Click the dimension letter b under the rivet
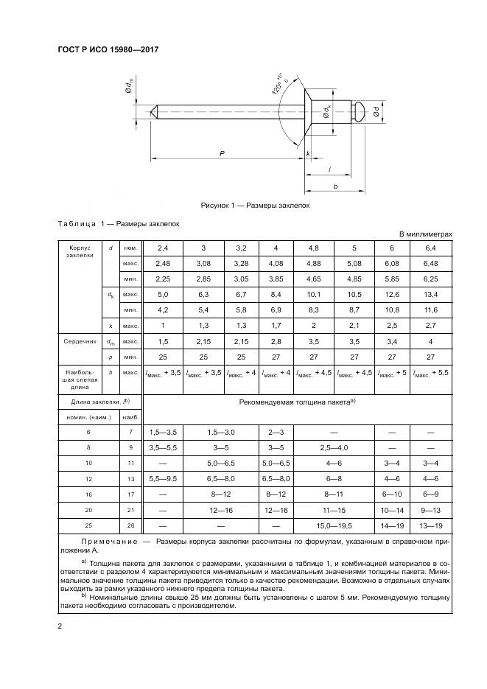pyautogui.click(x=335, y=187)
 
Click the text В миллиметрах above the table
pyautogui.click(x=425, y=234)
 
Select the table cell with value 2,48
pyautogui.click(x=163, y=263)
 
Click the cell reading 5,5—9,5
pyautogui.click(x=163, y=478)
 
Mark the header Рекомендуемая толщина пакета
pyautogui.click(x=297, y=401)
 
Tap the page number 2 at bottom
pyautogui.click(x=60, y=626)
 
